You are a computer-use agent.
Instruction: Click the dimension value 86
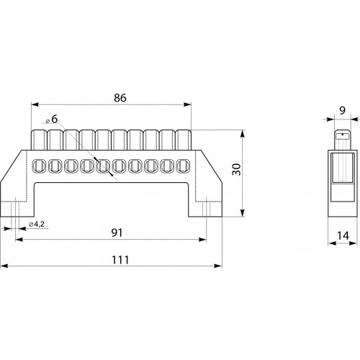click(120, 98)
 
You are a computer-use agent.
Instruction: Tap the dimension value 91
click(117, 233)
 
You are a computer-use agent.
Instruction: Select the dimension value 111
click(120, 260)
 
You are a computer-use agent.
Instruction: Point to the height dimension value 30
click(237, 169)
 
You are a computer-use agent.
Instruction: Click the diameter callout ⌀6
click(52, 120)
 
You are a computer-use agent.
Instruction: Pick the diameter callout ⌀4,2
click(37, 225)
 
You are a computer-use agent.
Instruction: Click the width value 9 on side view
click(343, 111)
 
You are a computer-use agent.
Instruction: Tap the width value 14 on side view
click(343, 235)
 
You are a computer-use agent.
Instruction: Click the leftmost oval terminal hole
click(39, 166)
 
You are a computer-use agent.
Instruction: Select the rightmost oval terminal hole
click(183, 166)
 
